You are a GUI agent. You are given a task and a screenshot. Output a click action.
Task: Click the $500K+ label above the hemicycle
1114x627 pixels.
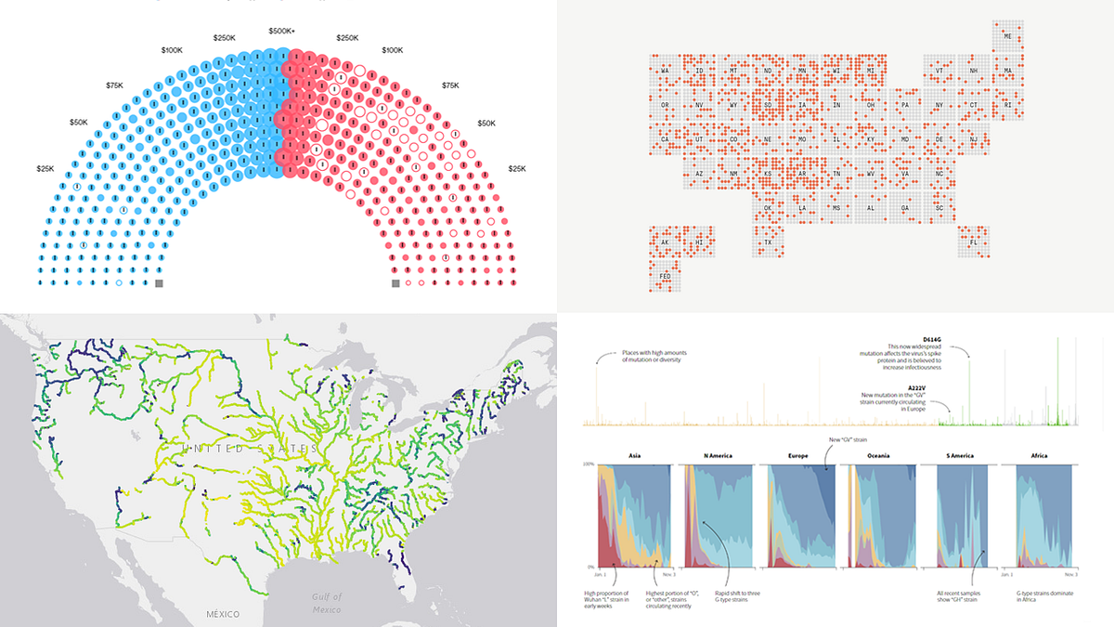[281, 31]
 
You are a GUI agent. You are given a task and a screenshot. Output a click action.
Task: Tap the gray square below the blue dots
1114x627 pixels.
[159, 282]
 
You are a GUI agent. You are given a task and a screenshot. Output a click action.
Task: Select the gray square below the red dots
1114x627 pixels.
[395, 282]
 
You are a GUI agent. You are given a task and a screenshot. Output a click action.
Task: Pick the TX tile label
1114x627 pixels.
[768, 243]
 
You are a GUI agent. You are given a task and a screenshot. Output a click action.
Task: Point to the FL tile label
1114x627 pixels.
[973, 243]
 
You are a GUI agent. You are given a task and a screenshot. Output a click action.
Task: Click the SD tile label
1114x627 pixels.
[768, 105]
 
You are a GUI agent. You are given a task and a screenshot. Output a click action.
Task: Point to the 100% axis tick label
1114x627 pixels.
[588, 464]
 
